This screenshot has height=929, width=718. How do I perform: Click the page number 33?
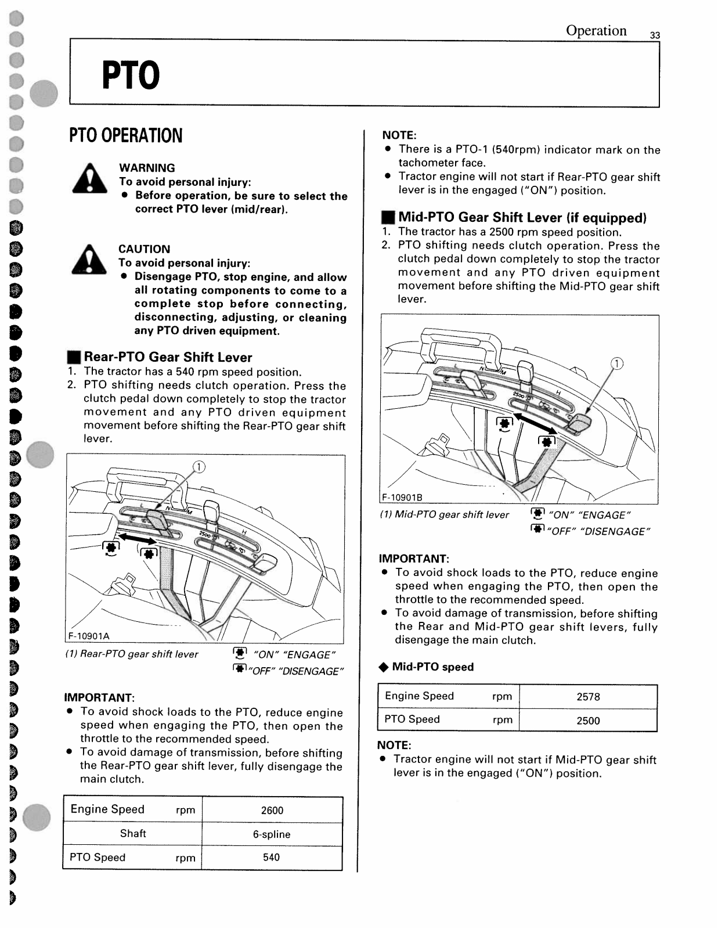655,35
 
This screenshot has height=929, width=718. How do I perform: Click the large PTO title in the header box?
131,75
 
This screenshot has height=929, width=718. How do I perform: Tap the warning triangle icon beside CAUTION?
89,260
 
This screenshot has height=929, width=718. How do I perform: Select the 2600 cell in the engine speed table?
272,811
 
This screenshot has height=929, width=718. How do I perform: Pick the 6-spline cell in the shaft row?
272,834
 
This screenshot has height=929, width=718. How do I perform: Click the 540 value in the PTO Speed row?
271,858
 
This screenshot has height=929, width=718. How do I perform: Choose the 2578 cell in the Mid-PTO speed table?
588,697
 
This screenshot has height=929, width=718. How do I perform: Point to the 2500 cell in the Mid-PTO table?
588,721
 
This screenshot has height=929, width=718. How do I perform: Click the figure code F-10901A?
89,636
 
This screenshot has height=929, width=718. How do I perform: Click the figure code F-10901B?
402,498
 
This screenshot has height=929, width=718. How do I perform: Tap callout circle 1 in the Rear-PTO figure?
199,467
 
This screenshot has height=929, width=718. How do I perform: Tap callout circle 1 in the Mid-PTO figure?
617,364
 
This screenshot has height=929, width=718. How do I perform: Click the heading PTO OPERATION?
126,136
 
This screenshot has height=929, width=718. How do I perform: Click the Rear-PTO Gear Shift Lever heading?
168,357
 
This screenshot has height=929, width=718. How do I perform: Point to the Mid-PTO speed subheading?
432,667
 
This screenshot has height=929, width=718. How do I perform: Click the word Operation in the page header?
596,31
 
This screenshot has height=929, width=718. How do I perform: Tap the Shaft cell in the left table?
133,834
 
